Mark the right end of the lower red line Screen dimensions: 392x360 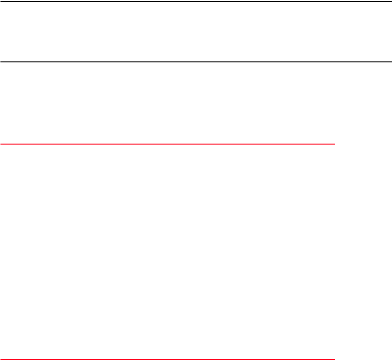coord(334,359)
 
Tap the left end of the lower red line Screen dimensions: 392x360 coord(0,359)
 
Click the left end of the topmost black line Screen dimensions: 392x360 coord(0,1)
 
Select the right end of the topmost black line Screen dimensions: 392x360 coord(391,1)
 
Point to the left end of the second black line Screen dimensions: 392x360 coord(0,62)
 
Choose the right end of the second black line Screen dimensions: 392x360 coord(391,62)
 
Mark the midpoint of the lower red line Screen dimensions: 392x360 coord(167,359)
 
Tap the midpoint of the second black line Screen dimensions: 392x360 coord(196,62)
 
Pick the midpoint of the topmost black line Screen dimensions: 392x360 coord(196,1)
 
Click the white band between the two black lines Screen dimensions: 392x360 coord(196,31)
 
